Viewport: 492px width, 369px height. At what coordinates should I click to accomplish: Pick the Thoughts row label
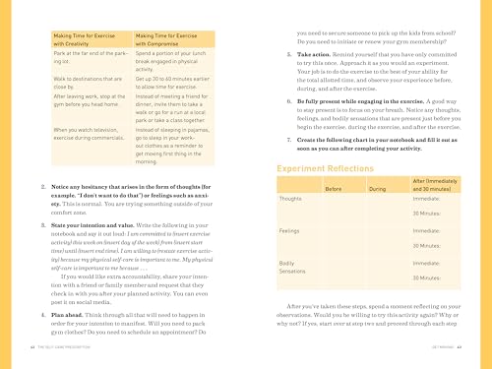pos(291,198)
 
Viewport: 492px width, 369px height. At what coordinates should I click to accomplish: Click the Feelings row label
pos(290,230)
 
